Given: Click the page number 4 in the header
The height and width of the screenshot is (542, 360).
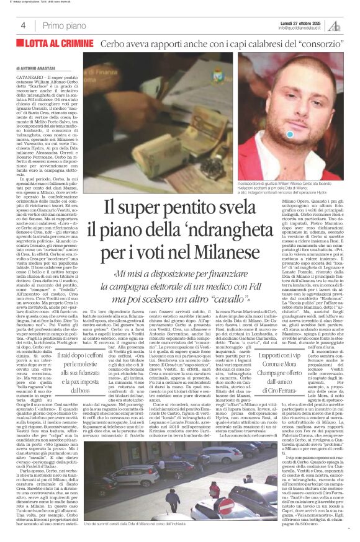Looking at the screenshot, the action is point(22,25).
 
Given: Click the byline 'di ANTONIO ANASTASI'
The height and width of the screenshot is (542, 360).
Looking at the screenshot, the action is point(29,67).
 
